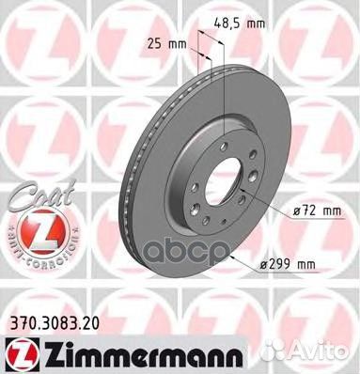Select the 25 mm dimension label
tap(163, 41)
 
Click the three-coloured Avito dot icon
tap(296, 353)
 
